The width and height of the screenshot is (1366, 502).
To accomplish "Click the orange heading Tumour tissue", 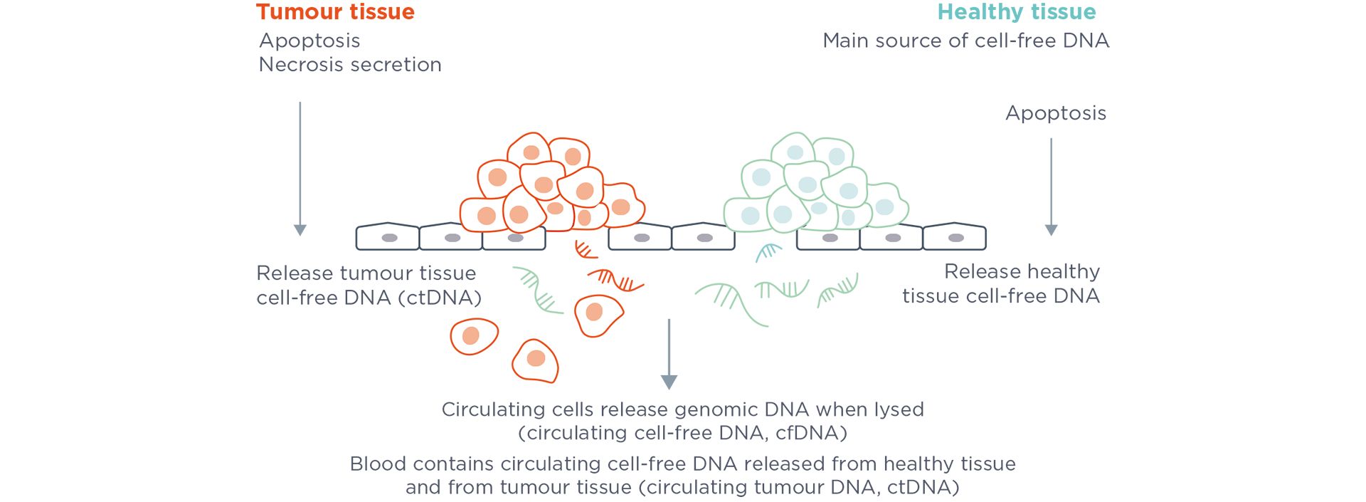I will coord(335,12).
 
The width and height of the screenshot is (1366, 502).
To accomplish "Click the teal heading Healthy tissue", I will coord(1016,12).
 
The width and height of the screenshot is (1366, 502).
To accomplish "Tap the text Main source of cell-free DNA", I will coord(965,41).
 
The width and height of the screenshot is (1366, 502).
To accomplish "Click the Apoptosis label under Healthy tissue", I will coord(1055,113).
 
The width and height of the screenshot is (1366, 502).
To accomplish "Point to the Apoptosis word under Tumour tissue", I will coord(309,41).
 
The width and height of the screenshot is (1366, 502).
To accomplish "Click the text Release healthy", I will coord(1022,272).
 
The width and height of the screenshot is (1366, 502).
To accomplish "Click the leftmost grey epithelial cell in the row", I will coord(387,237).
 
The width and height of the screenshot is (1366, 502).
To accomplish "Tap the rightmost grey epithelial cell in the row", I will coord(955,237).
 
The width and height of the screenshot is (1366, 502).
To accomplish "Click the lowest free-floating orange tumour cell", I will coord(536,360).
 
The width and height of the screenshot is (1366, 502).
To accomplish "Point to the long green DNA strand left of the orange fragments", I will coord(538,291).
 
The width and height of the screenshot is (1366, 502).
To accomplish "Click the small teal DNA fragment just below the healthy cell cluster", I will coord(768,251).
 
